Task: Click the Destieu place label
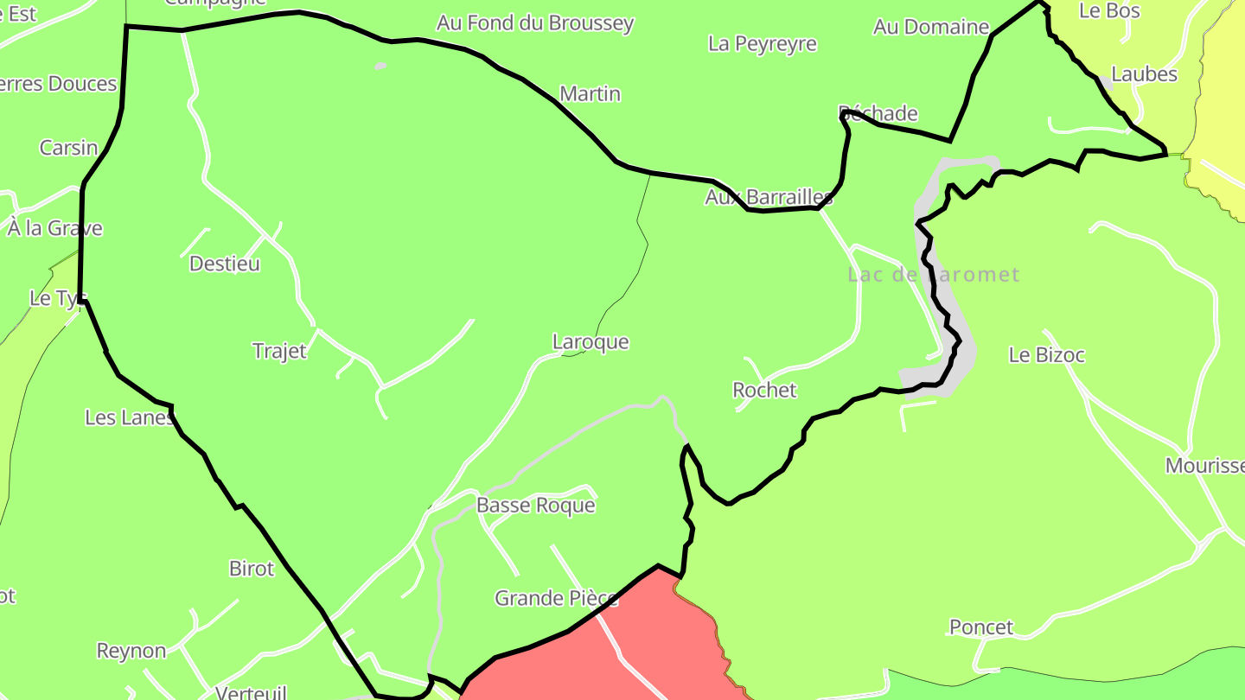point(225,264)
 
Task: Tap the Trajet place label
point(279,351)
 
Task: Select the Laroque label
point(591,341)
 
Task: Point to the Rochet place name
point(764,390)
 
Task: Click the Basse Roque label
point(536,505)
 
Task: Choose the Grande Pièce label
point(556,598)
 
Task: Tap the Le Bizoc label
point(1046,354)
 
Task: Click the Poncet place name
point(981,627)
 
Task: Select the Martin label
point(591,93)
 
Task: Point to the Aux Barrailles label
point(769,197)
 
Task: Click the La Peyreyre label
point(762,43)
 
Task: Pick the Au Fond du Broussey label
point(535,23)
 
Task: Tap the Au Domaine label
point(930,27)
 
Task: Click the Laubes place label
point(1144,74)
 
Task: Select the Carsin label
point(69,148)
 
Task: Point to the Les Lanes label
point(129,417)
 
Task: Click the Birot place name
point(252,569)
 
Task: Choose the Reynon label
point(131,651)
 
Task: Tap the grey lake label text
point(934,275)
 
